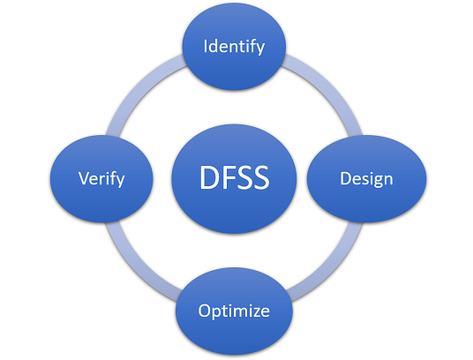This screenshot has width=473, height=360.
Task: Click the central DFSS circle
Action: point(234,178)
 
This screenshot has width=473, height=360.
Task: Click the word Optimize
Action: point(234,311)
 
